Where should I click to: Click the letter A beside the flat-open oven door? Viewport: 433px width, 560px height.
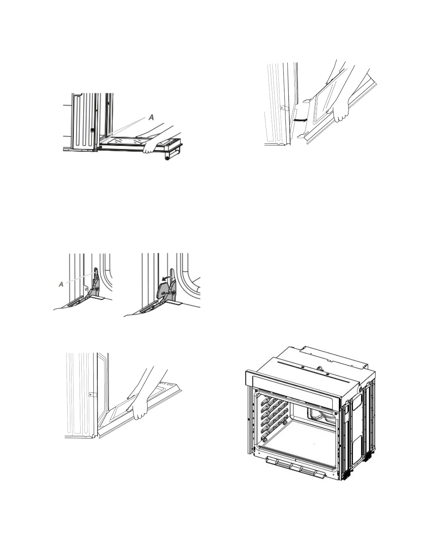(152, 117)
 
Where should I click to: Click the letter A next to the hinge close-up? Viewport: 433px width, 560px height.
(61, 284)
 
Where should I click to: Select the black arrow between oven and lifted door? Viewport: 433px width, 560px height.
(301, 120)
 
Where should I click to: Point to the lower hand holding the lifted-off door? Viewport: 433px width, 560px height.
(342, 112)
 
